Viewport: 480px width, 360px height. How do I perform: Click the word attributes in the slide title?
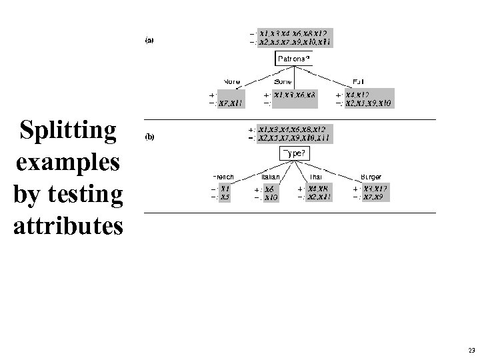click(x=67, y=225)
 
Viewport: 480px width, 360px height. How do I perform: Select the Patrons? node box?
click(x=293, y=59)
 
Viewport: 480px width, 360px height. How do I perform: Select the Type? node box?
click(x=293, y=154)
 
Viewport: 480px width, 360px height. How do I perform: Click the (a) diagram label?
click(x=150, y=41)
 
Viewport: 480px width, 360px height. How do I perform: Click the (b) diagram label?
click(x=150, y=137)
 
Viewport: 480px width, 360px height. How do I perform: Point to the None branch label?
click(x=232, y=82)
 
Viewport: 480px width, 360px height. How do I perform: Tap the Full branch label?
click(x=359, y=82)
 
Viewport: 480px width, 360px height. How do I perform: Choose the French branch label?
click(x=223, y=177)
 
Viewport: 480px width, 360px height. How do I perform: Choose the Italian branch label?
click(x=269, y=177)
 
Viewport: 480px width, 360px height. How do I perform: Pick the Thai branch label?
click(x=315, y=177)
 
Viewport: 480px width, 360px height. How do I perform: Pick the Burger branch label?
click(x=371, y=177)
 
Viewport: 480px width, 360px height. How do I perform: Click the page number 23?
click(x=471, y=350)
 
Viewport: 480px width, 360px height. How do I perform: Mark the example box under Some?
click(x=294, y=99)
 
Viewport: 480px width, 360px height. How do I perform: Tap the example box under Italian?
click(x=271, y=193)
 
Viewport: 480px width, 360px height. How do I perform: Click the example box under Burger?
click(x=375, y=193)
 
